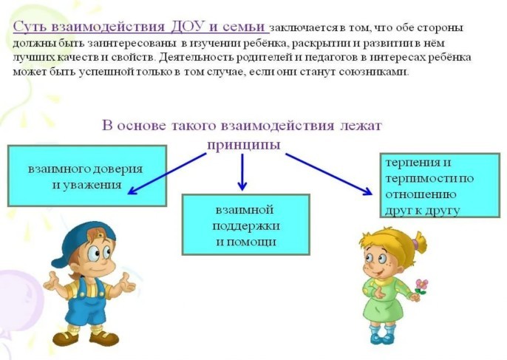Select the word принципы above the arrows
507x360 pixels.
coord(243,145)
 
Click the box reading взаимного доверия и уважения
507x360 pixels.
coord(87,176)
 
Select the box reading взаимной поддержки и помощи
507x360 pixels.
coord(245,225)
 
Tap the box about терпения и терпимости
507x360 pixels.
coord(440,186)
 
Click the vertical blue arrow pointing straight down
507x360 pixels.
coord(242,172)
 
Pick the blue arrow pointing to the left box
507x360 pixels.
coord(167,174)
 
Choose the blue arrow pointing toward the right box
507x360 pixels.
coord(329,174)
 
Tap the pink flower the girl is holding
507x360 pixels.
coord(421,285)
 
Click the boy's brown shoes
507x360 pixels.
coord(86,339)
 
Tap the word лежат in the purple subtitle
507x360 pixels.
coord(361,126)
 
